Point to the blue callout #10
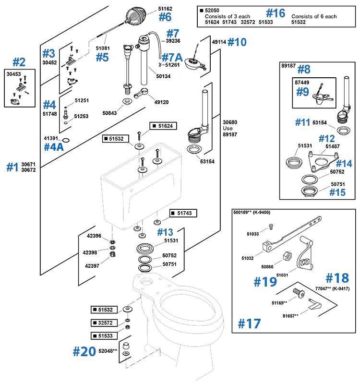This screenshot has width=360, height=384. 237,42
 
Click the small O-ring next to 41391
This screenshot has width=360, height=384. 67,140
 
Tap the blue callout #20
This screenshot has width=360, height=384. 84,351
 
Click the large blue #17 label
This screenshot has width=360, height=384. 250,323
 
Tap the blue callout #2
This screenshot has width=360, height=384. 19,62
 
